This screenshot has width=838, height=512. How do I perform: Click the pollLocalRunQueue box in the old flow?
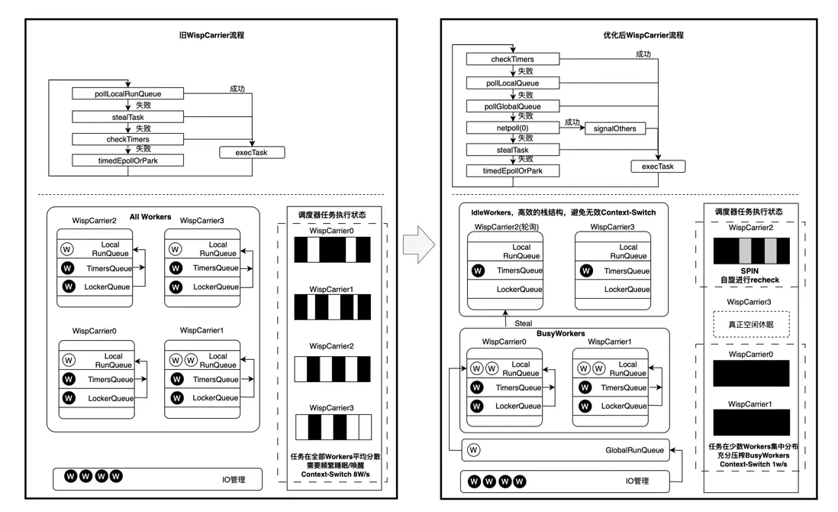pos(128,94)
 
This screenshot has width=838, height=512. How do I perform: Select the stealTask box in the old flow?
pos(128,117)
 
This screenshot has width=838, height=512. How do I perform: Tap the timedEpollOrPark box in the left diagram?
pos(128,160)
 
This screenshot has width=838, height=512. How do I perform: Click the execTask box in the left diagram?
pos(252,153)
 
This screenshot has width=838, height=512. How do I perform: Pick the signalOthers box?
pos(614,128)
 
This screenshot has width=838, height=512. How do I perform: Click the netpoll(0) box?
pos(511,128)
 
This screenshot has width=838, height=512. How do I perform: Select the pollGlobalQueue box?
pos(511,105)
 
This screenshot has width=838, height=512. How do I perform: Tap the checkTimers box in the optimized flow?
pos(511,59)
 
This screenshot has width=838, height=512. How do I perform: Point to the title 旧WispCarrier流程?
pos(209,35)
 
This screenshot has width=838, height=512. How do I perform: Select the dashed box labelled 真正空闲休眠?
pos(749,324)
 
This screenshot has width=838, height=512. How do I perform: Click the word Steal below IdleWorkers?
pos(524,322)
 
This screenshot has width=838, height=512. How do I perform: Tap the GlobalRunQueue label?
pos(635,450)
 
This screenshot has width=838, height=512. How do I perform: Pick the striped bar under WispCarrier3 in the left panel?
pos(337,426)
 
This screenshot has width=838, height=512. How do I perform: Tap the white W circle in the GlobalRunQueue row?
pos(475,450)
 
